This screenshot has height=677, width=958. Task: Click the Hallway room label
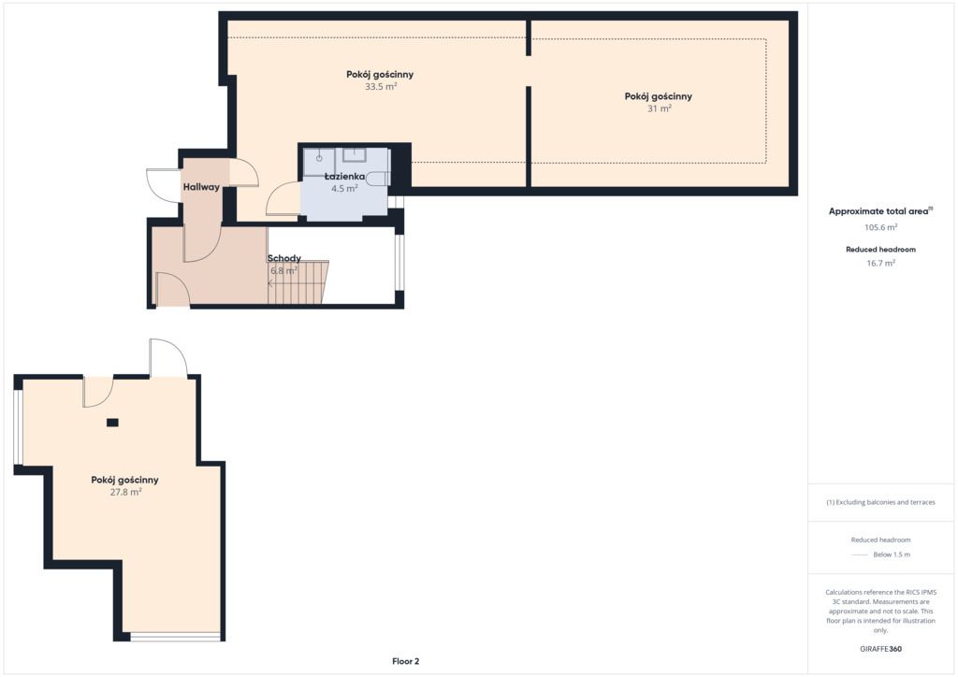click(x=201, y=187)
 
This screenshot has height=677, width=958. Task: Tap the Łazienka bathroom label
click(x=344, y=177)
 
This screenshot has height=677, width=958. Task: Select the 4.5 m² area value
click(x=344, y=189)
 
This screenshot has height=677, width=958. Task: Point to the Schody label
click(x=284, y=258)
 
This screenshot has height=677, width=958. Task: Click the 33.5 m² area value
click(x=381, y=87)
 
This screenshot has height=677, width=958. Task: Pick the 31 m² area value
click(x=660, y=108)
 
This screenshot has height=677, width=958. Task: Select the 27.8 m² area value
click(x=126, y=492)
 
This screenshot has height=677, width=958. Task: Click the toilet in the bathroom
click(x=380, y=179)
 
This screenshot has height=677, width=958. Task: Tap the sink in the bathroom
click(x=355, y=154)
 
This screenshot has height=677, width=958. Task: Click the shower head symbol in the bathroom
click(x=319, y=158)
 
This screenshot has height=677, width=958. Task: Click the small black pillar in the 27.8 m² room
click(x=112, y=423)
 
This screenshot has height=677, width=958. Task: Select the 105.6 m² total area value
click(x=880, y=228)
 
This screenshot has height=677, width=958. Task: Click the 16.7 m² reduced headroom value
click(x=880, y=264)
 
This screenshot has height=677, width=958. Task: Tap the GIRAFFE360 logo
click(x=880, y=649)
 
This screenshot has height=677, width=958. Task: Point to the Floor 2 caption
click(x=406, y=661)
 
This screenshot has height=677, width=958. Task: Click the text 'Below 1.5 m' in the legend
click(x=892, y=555)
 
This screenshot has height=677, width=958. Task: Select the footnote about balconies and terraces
click(x=880, y=502)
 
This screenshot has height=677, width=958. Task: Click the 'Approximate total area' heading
click(x=878, y=212)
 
